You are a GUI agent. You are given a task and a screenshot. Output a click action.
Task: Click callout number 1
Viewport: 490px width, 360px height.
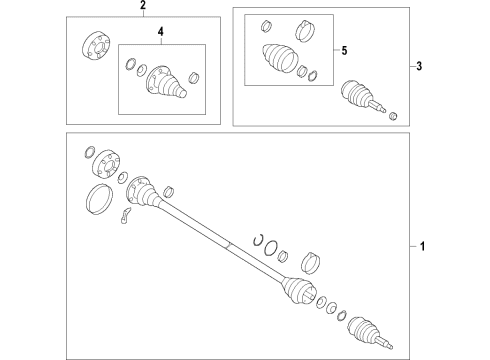tap(422, 246)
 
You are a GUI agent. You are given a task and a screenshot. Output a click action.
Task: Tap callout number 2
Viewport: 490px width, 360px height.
tap(143, 5)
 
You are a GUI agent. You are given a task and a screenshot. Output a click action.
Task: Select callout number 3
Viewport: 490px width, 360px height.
tap(419, 66)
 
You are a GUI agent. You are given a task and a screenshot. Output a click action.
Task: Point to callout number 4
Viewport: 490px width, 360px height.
tap(161, 32)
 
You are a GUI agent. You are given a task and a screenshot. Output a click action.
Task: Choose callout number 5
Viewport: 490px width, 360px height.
tap(344, 51)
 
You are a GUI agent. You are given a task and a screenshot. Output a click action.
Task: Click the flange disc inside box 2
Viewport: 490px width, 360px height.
tap(96, 46)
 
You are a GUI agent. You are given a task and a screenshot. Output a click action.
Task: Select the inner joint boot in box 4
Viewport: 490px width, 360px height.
tap(166, 82)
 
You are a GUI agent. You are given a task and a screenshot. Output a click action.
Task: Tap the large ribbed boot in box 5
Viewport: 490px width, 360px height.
tap(279, 57)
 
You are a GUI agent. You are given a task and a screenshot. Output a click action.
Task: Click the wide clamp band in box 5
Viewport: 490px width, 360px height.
tap(305, 31)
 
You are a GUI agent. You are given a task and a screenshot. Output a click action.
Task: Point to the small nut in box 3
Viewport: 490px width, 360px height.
tap(393, 116)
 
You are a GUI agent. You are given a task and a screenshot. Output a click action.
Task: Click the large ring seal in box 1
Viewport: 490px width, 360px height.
tap(99, 199)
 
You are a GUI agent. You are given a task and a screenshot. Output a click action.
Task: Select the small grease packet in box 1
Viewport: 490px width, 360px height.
tap(125, 215)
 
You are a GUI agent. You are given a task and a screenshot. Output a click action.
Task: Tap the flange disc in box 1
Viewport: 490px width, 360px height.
tap(105, 164)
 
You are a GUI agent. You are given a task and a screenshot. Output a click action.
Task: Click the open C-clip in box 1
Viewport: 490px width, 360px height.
tap(258, 239)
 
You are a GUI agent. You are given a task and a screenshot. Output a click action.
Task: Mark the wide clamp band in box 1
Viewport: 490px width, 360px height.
tap(311, 263)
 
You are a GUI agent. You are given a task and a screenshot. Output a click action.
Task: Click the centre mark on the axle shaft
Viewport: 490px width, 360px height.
tap(228, 245)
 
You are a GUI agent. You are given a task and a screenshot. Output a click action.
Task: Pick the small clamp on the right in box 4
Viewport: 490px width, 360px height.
tap(194, 77)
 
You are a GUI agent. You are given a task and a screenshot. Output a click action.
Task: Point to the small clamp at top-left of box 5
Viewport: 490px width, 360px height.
tap(266, 26)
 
